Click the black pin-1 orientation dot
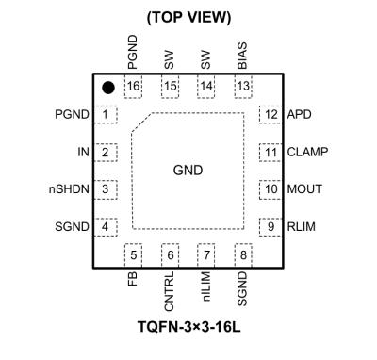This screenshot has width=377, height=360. point(108,88)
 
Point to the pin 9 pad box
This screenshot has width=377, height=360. point(270,226)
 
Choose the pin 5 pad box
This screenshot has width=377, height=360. point(134,254)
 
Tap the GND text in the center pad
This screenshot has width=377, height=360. point(188,171)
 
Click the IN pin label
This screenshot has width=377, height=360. point(83,152)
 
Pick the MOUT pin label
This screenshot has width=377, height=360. point(306,189)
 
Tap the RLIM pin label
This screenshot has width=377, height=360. point(303,226)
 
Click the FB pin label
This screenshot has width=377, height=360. point(135,281)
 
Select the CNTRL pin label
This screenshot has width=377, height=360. point(171,291)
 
